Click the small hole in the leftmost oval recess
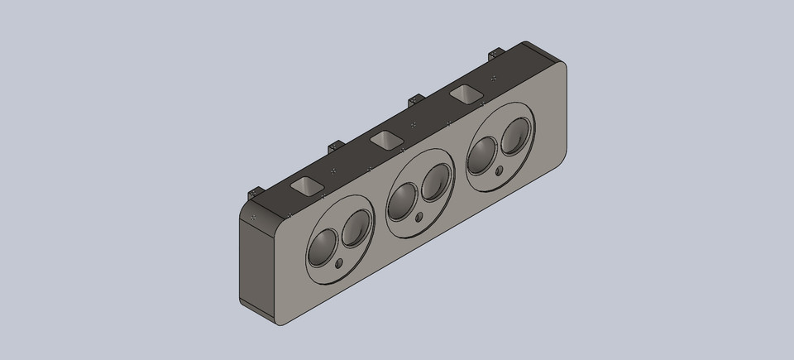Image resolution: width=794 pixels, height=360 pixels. tap(341, 264)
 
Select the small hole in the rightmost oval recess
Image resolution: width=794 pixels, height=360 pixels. tap(499, 171)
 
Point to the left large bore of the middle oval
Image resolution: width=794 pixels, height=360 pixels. tap(403, 199)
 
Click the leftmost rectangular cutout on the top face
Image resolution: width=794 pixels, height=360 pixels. tap(306, 185)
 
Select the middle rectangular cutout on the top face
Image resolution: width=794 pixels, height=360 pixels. tap(385, 140)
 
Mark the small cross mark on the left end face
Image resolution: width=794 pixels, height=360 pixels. tap(253, 217)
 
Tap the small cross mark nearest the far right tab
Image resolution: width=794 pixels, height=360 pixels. tap(494, 78)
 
